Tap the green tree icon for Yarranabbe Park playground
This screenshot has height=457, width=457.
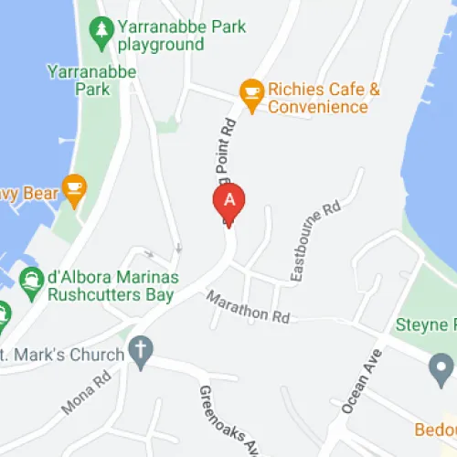tap(101, 31)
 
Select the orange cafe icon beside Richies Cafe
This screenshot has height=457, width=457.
tap(250, 90)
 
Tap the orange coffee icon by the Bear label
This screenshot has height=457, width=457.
tap(73, 190)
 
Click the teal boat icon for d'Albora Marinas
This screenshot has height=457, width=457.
tap(31, 280)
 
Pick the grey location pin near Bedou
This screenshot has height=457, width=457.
tap(441, 368)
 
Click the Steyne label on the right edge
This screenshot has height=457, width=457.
tap(426, 325)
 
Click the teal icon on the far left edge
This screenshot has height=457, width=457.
tap(3, 314)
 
